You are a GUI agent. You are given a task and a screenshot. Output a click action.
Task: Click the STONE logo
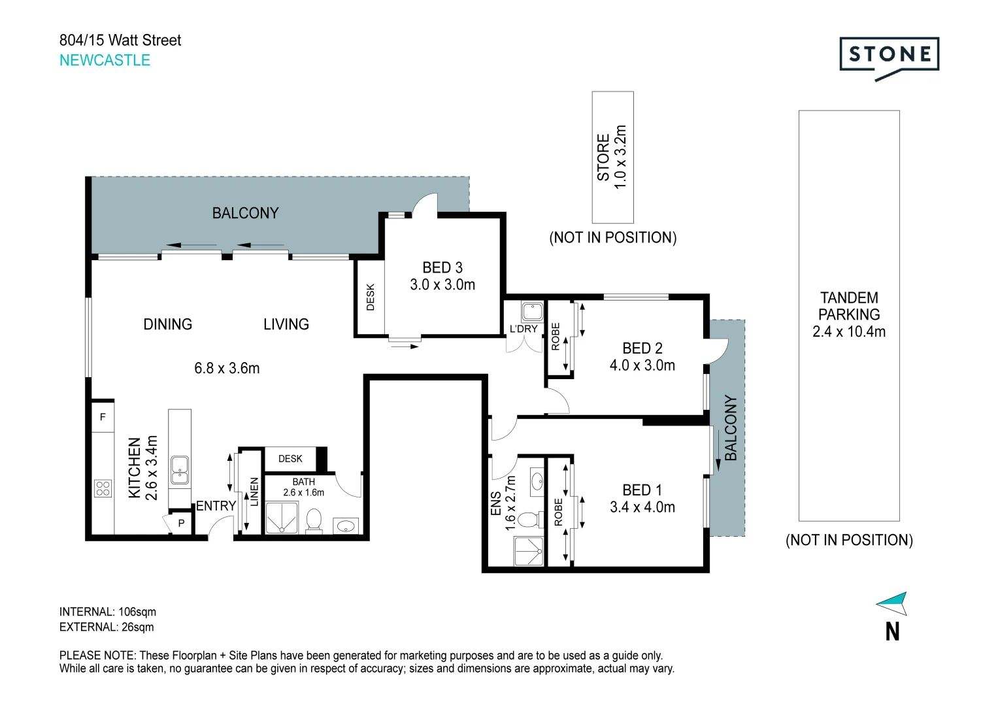pos(889,56)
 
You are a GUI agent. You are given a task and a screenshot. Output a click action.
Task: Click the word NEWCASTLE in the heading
pos(105,60)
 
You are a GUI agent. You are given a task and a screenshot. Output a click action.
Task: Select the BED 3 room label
pos(442,267)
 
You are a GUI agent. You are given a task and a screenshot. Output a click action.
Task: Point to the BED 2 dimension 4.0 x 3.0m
pos(642,365)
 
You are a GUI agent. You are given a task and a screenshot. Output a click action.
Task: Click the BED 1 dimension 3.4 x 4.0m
pos(642,507)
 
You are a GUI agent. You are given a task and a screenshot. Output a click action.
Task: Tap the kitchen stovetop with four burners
pos(103,488)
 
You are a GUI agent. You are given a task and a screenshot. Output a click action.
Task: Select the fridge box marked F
pos(103,417)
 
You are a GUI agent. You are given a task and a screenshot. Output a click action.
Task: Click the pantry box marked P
pos(181,523)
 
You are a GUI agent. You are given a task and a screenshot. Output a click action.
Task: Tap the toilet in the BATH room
pos(314,520)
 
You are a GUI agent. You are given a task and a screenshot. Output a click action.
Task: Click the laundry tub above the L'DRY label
pos(532,311)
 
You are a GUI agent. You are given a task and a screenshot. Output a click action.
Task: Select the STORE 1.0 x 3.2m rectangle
pos(612,157)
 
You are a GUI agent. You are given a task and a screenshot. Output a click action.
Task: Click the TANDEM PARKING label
pos(849,306)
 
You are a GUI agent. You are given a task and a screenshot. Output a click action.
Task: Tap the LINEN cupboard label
pos(254,492)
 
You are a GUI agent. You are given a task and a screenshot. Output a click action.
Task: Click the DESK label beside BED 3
pos(371,297)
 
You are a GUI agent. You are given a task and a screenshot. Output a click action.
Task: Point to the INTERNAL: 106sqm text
pos(108,612)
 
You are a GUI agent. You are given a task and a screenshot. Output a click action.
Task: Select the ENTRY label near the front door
pos(216,506)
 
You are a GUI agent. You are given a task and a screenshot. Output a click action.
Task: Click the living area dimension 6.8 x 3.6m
pos(227,369)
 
